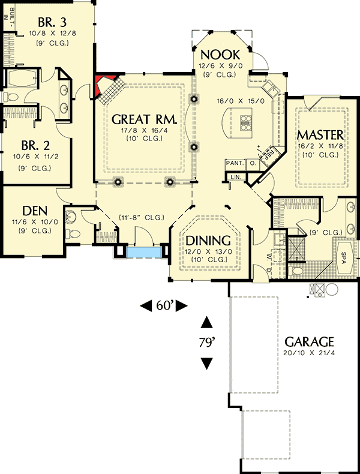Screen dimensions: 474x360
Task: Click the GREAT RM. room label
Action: point(144,119)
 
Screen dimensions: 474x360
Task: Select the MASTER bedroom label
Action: point(320,134)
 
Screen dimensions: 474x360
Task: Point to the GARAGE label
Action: point(309,341)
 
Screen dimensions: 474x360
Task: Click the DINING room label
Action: point(206,238)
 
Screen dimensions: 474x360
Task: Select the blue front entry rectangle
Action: point(143,252)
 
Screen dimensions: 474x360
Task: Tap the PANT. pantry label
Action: point(233,163)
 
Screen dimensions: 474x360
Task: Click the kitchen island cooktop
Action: point(246,122)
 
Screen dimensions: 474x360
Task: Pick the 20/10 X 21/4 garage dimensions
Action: point(309,353)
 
